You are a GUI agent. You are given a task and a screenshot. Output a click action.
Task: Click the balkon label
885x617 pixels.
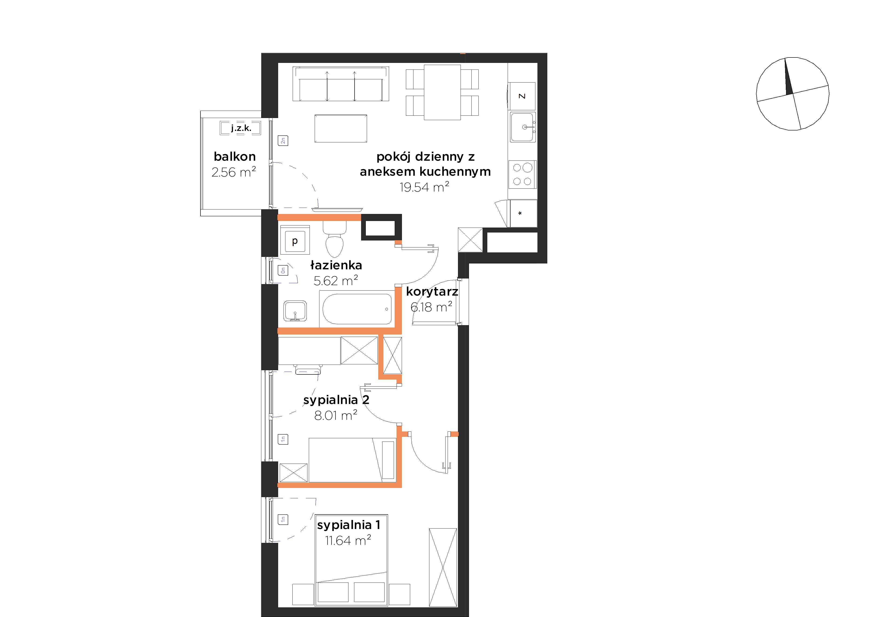(235, 156)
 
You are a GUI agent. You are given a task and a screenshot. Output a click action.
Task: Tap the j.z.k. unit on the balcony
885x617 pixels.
(241, 128)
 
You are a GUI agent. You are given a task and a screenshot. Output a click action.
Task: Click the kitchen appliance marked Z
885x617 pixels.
(522, 96)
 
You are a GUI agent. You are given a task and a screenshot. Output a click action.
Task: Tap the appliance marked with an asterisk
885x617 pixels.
(523, 213)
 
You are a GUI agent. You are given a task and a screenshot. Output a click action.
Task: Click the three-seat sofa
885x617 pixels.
(341, 84)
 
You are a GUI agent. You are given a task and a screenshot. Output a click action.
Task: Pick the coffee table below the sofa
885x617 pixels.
(341, 128)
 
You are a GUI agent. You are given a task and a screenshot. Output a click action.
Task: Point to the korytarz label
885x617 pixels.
(432, 292)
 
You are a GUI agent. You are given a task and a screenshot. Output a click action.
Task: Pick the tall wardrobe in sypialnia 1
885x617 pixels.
(443, 567)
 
